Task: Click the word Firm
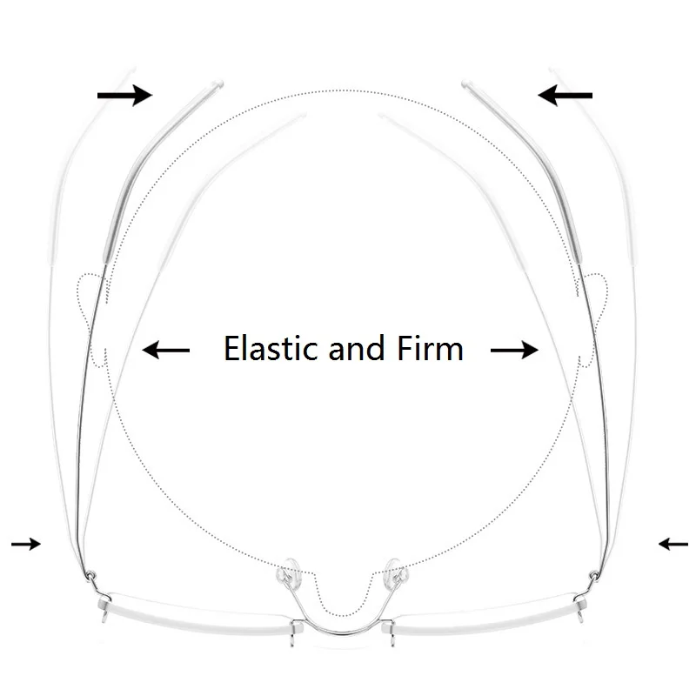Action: click(x=430, y=348)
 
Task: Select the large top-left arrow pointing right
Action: click(x=124, y=96)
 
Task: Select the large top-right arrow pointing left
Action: click(x=565, y=96)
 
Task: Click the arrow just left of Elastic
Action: click(x=165, y=351)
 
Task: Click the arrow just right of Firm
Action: click(x=514, y=351)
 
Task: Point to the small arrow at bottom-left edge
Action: click(x=26, y=544)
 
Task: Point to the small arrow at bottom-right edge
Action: click(x=673, y=544)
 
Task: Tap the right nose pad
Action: click(x=397, y=572)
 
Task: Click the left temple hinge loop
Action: click(x=90, y=575)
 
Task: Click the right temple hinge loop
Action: click(x=594, y=576)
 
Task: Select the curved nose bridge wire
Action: click(x=343, y=632)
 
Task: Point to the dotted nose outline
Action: click(x=343, y=616)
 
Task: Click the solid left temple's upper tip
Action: click(x=219, y=83)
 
